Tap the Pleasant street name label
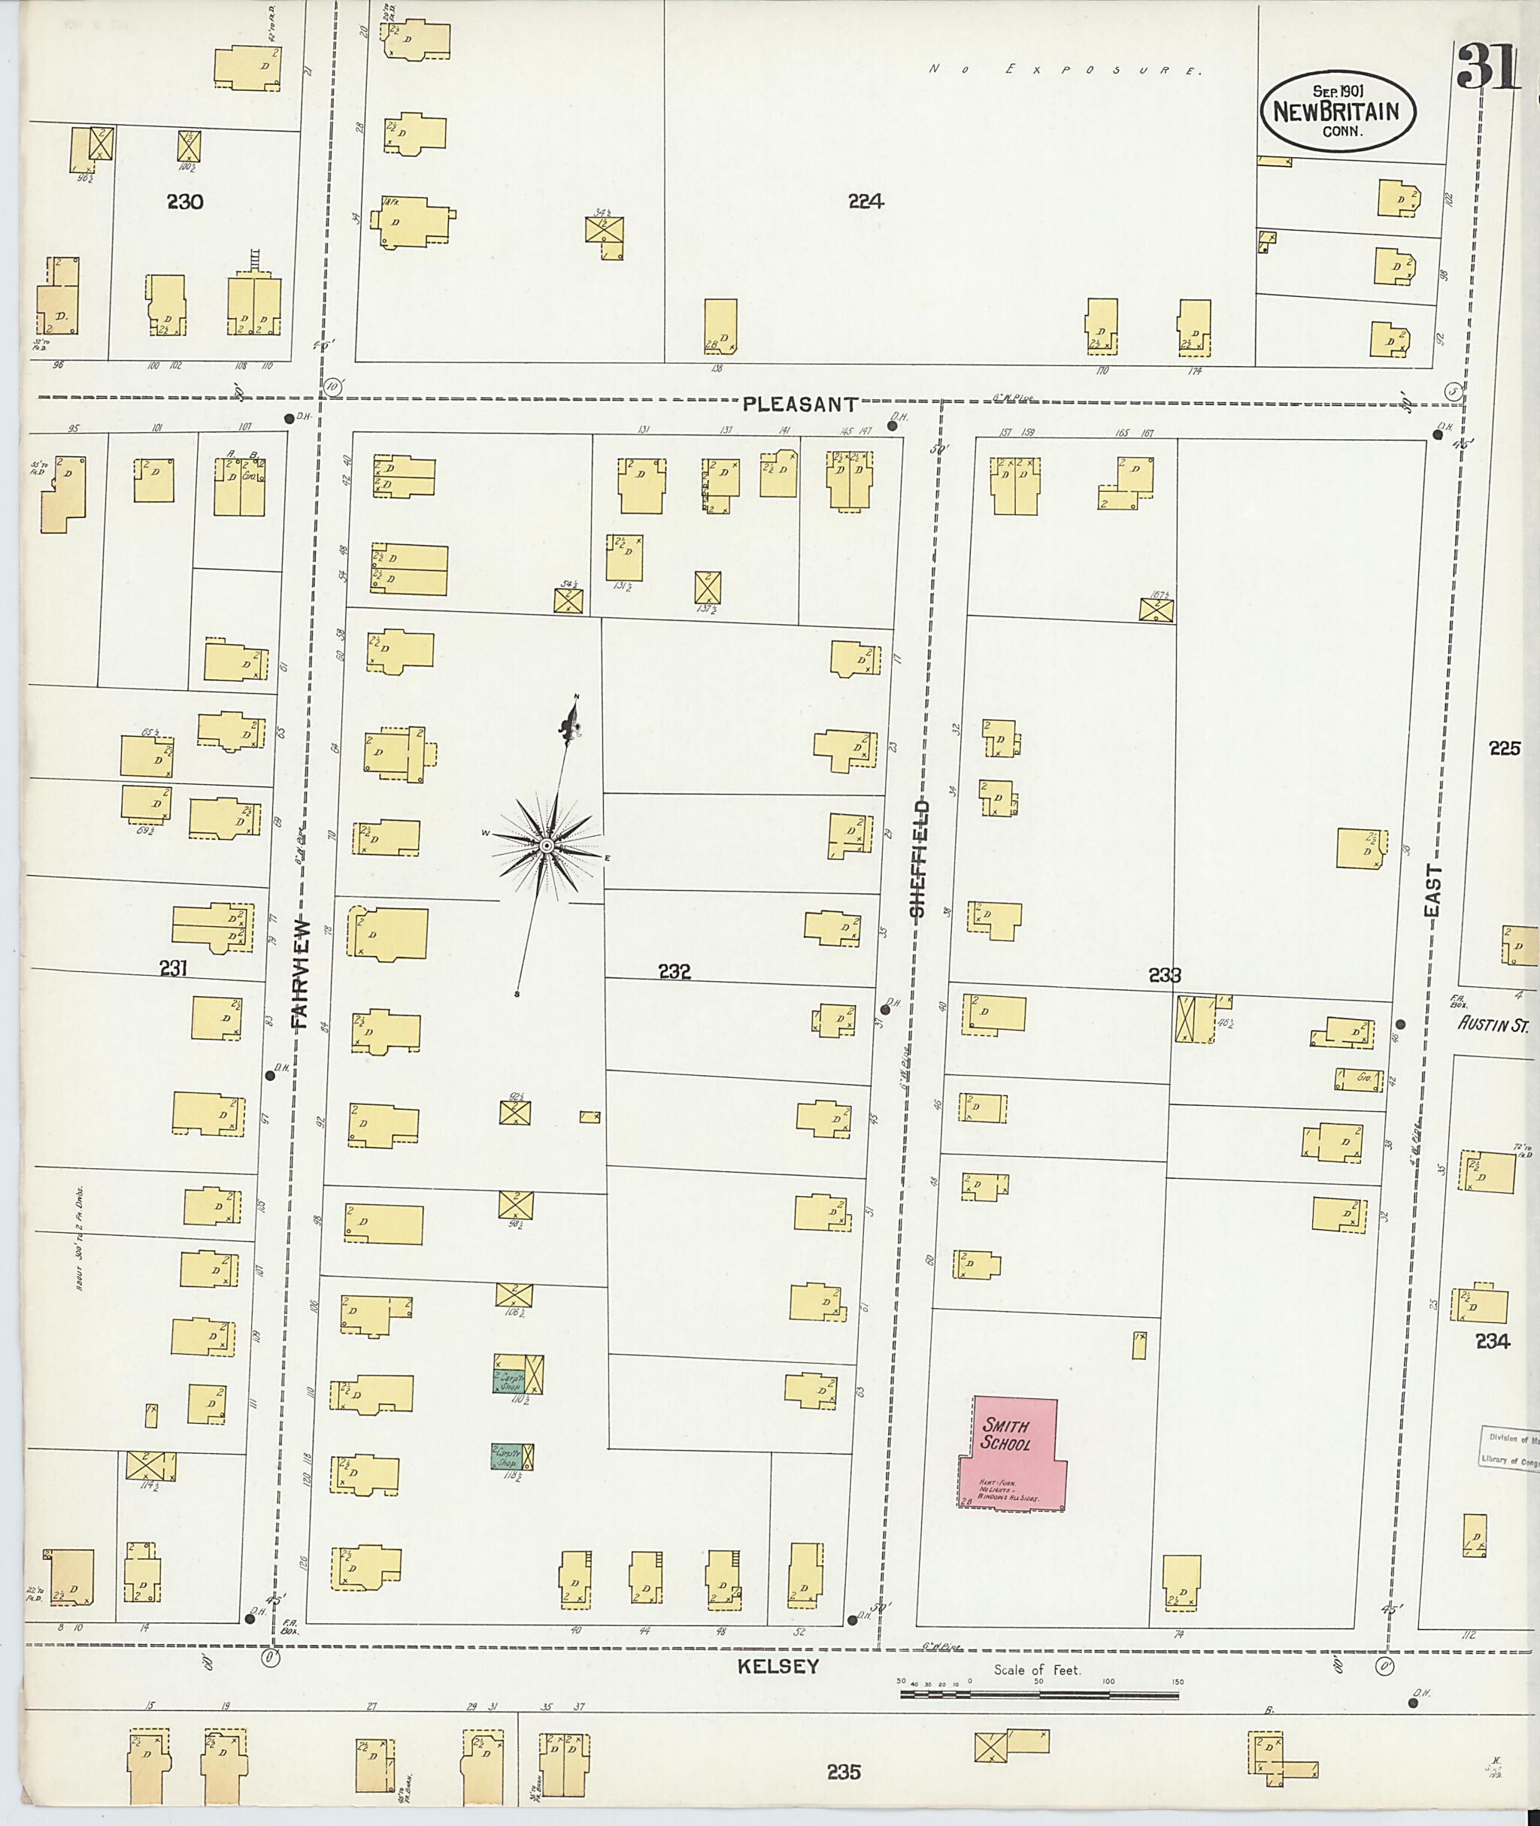pos(799,404)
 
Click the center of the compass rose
pos(547,846)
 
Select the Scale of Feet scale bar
pos(1039,1694)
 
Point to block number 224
pos(865,201)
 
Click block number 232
pos(675,971)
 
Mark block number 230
pos(185,201)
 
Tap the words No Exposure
pos(1065,70)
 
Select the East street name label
pos(1432,890)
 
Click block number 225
pos(1504,748)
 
